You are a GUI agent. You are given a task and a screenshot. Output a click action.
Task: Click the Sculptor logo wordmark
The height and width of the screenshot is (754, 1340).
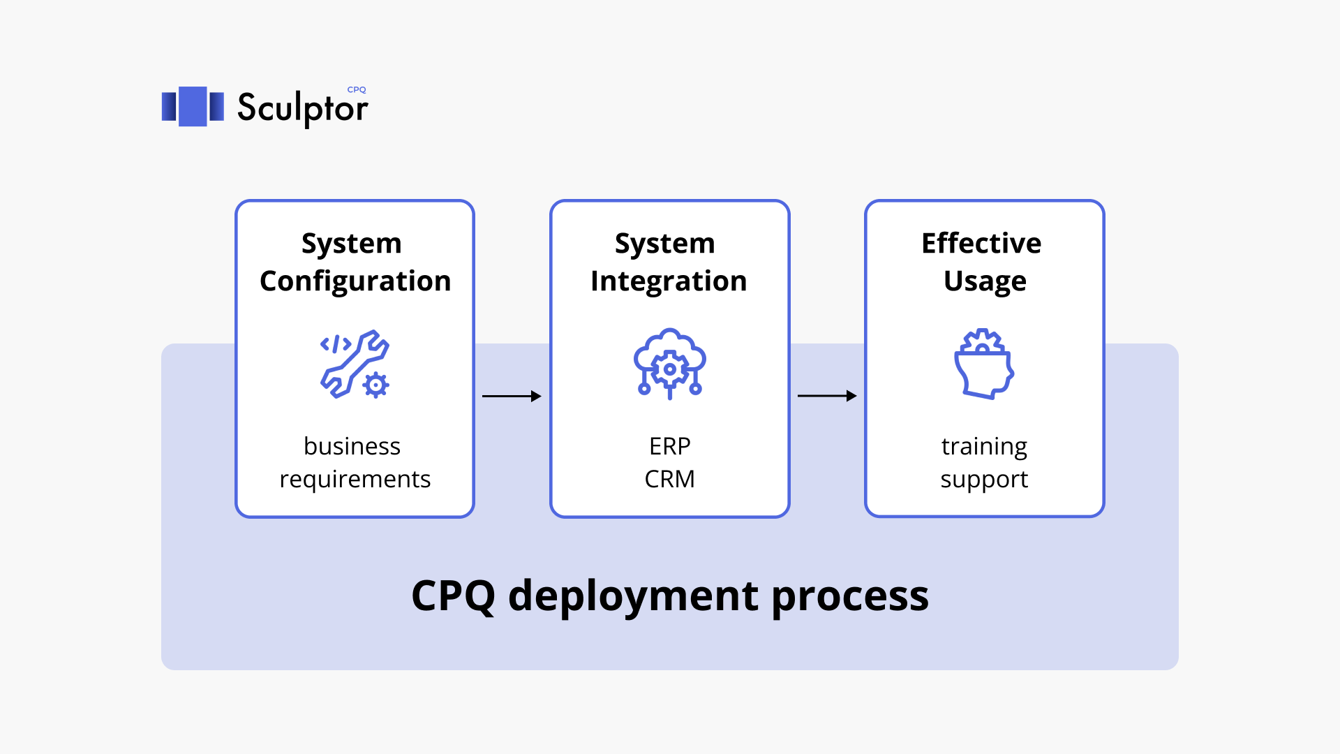click(301, 108)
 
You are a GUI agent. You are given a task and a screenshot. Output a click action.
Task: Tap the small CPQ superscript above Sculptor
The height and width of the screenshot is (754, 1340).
click(357, 89)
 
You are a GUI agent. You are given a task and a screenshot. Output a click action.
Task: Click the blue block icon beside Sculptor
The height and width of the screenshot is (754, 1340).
click(193, 106)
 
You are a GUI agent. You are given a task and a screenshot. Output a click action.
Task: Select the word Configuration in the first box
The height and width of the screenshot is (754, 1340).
click(355, 281)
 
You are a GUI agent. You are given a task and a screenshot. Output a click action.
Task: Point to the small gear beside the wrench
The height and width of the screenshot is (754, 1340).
click(376, 385)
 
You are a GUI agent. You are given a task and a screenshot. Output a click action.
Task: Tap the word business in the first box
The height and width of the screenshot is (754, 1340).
click(352, 446)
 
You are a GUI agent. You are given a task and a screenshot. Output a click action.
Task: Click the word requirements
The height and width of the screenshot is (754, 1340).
click(355, 480)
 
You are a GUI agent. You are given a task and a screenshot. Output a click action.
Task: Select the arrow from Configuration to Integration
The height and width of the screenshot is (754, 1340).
click(512, 396)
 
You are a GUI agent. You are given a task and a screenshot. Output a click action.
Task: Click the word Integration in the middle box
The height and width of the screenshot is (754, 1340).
click(669, 281)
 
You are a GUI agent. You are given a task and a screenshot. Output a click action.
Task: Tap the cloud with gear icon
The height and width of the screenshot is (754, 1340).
click(669, 363)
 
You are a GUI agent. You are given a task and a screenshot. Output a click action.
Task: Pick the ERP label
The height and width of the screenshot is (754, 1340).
click(669, 446)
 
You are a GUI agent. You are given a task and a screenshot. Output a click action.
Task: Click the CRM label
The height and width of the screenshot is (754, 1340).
click(669, 480)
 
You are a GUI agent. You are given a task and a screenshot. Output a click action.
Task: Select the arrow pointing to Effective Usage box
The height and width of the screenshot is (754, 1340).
click(827, 396)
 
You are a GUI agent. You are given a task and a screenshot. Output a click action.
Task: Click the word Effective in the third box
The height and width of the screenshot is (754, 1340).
click(981, 244)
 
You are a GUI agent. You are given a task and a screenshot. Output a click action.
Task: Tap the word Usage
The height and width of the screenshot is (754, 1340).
click(984, 281)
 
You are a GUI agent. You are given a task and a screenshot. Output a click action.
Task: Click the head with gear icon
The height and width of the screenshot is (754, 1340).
click(983, 364)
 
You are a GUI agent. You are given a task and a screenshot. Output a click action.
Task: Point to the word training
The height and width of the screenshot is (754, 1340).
click(984, 446)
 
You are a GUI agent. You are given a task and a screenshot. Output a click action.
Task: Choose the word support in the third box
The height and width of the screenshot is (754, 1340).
click(984, 480)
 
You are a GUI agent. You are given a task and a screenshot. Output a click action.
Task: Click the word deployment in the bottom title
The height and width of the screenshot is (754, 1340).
click(633, 596)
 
